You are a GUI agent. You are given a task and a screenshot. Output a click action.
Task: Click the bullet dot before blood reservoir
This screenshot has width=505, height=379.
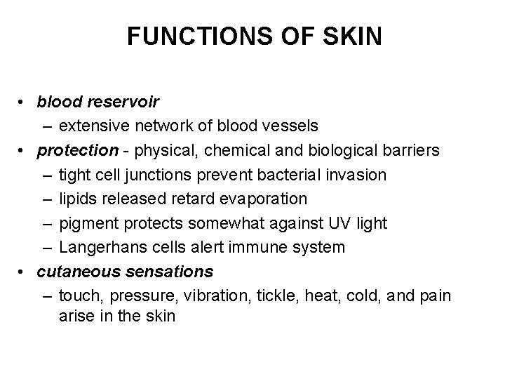tap(24, 102)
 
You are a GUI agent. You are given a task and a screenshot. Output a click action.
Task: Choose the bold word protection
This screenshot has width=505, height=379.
tap(68, 150)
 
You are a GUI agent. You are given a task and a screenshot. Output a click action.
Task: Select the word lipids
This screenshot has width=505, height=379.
tap(78, 199)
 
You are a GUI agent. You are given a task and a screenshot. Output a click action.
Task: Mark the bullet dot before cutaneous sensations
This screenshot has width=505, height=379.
tap(24, 272)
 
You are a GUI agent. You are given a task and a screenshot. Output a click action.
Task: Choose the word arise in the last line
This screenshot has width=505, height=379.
tap(76, 317)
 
